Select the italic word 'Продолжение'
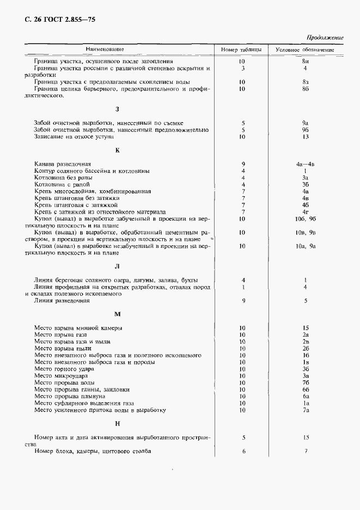tap(325, 38)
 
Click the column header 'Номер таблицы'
tap(241, 50)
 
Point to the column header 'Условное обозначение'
tap(305, 50)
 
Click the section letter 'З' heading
tap(117, 109)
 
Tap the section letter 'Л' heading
tap(117, 266)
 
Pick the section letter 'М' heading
tap(117, 314)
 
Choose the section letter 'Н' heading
tap(117, 423)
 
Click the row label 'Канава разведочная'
tap(62, 163)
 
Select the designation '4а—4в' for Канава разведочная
tap(306, 163)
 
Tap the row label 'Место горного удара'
tap(61, 369)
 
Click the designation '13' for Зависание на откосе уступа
tap(306, 137)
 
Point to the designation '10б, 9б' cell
tap(306, 219)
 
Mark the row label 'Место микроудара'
tap(60, 376)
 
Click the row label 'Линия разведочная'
tap(61, 300)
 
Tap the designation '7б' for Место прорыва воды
tap(306, 382)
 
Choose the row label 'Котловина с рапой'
tap(61, 184)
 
